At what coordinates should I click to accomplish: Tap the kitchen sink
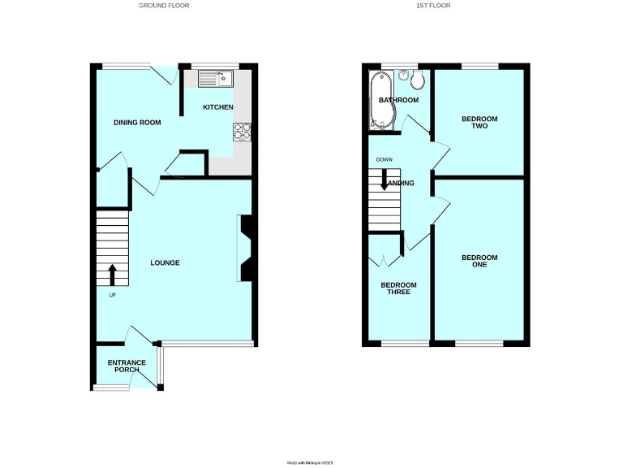(x=215, y=79)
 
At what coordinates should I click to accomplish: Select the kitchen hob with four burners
(x=243, y=132)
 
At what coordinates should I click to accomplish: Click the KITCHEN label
(x=217, y=107)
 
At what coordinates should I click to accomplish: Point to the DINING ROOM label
(x=136, y=123)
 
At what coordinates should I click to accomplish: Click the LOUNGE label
(x=165, y=263)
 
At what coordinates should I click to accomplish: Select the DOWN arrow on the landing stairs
(x=385, y=180)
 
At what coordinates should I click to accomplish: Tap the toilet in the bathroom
(x=417, y=79)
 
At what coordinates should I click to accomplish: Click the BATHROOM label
(x=398, y=101)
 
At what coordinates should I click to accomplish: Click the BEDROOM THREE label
(x=398, y=288)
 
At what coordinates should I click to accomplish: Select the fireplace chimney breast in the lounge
(x=245, y=248)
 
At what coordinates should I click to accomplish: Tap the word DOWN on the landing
(x=383, y=159)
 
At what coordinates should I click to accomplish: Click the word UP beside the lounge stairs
(x=112, y=294)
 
